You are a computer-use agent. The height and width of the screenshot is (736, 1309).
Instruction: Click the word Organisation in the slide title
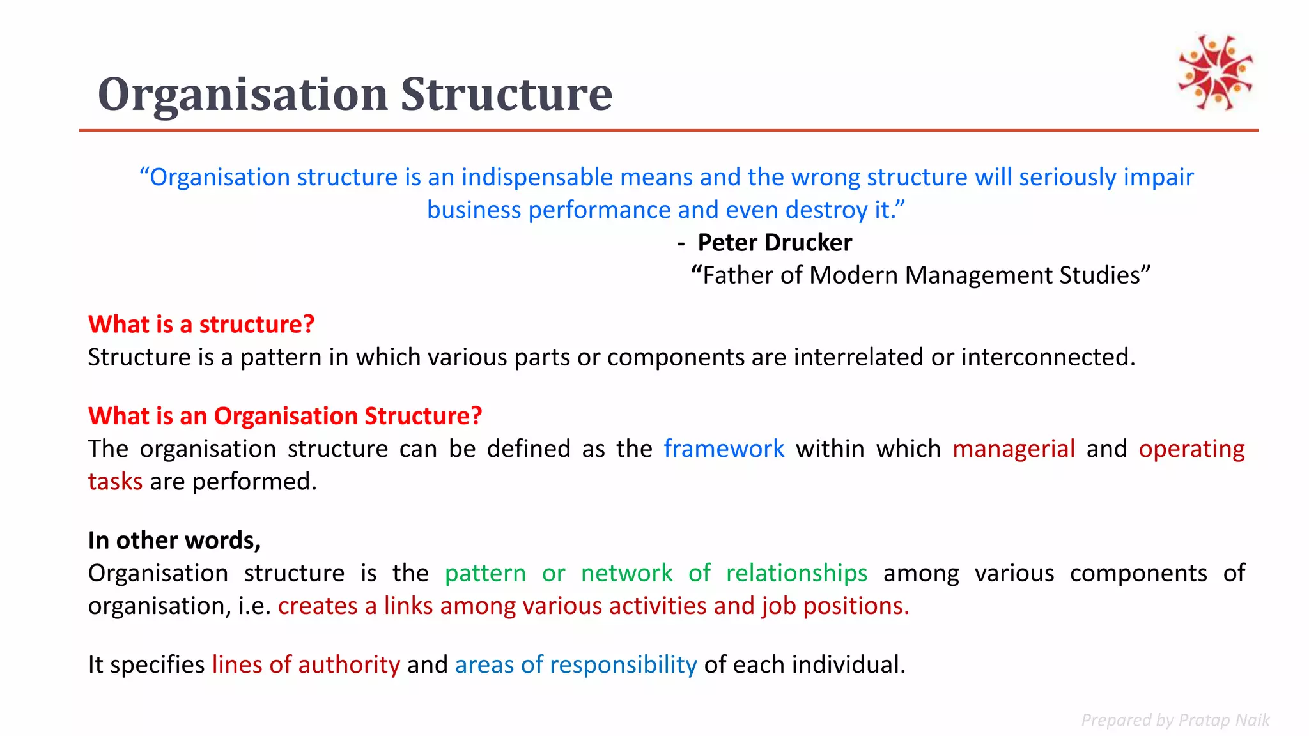pyautogui.click(x=242, y=95)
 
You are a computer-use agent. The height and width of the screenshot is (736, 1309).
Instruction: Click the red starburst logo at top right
pyautogui.click(x=1215, y=72)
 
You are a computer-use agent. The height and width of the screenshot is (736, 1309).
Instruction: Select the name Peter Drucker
pyautogui.click(x=774, y=243)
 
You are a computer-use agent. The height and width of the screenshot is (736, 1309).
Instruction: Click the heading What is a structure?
pyautogui.click(x=201, y=325)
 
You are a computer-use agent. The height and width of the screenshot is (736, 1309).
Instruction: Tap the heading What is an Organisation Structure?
pyautogui.click(x=285, y=416)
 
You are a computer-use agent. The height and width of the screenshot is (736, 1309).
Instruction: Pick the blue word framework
pyautogui.click(x=724, y=448)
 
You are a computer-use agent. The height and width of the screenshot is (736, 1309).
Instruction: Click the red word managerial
pyautogui.click(x=1013, y=448)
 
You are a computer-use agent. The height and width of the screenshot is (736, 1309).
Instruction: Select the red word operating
pyautogui.click(x=1191, y=448)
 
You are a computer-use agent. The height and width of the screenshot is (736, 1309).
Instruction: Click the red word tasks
pyautogui.click(x=115, y=482)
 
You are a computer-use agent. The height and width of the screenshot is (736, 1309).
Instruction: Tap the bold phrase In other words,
pyautogui.click(x=174, y=540)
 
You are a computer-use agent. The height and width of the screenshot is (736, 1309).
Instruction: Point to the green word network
pyautogui.click(x=626, y=573)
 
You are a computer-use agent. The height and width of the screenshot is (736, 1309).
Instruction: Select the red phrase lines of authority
pyautogui.click(x=306, y=665)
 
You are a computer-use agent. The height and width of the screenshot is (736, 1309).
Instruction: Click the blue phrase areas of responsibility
pyautogui.click(x=576, y=665)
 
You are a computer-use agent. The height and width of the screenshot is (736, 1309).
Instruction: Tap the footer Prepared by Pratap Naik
pyautogui.click(x=1175, y=720)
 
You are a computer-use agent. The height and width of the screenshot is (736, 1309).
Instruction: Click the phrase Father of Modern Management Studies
pyautogui.click(x=920, y=275)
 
